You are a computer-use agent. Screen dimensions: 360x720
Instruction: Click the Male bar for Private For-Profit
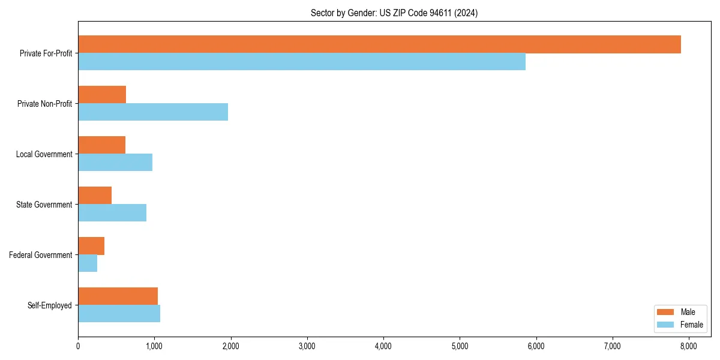(379, 44)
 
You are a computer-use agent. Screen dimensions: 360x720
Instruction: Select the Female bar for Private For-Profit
(302, 62)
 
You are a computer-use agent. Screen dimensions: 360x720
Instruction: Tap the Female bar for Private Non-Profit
(153, 112)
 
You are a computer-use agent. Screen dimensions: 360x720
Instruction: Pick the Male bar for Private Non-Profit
(102, 95)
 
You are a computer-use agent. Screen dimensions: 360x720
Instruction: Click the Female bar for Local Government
(115, 163)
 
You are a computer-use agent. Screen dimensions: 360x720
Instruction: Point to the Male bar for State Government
(95, 196)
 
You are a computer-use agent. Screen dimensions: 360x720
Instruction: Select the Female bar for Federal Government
(88, 263)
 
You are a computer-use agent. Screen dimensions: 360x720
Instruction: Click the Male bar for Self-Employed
(118, 296)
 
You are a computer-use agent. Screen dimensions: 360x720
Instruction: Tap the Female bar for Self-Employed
(119, 314)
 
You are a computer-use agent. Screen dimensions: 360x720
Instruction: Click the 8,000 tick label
(688, 346)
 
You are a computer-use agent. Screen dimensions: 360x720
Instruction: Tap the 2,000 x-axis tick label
(230, 346)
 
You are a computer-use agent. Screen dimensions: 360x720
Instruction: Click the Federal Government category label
(41, 255)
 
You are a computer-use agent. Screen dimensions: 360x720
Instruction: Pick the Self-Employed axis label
(50, 305)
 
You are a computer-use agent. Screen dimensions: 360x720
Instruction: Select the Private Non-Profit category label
(44, 104)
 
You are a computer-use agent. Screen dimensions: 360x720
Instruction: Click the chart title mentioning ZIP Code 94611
(394, 13)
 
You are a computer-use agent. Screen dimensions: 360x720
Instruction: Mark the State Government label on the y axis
(44, 205)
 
